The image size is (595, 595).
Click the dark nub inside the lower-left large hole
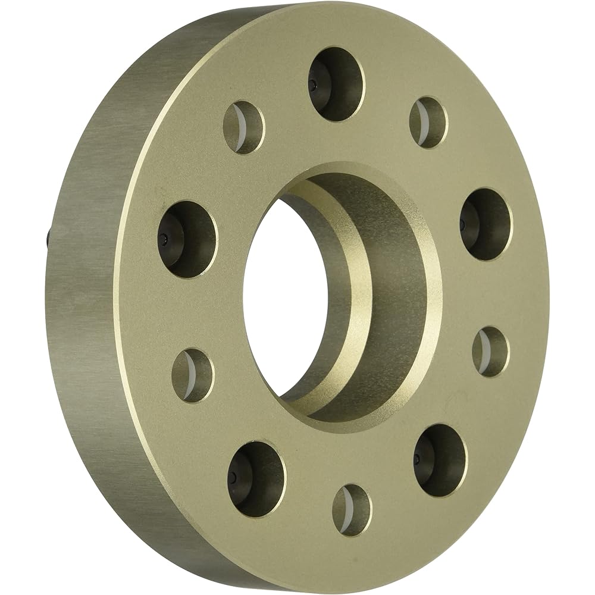[x=233, y=478]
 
